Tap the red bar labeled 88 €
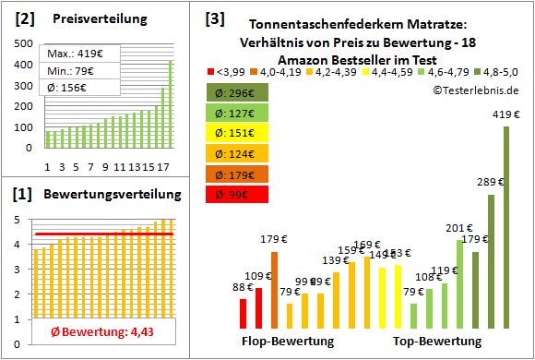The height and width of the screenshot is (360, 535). pyautogui.click(x=243, y=314)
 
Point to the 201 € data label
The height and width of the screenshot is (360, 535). pyautogui.click(x=458, y=228)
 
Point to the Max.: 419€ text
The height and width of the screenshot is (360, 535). pyautogui.click(x=77, y=54)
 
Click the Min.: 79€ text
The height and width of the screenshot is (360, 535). pyautogui.click(x=75, y=70)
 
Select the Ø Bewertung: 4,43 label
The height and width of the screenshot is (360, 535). pyautogui.click(x=90, y=332)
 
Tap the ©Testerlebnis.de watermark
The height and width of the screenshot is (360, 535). pyautogui.click(x=474, y=90)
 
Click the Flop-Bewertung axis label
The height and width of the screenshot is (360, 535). pyautogui.click(x=288, y=342)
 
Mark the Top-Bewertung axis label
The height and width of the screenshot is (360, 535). pyautogui.click(x=437, y=342)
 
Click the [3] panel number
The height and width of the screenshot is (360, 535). pyautogui.click(x=215, y=18)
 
